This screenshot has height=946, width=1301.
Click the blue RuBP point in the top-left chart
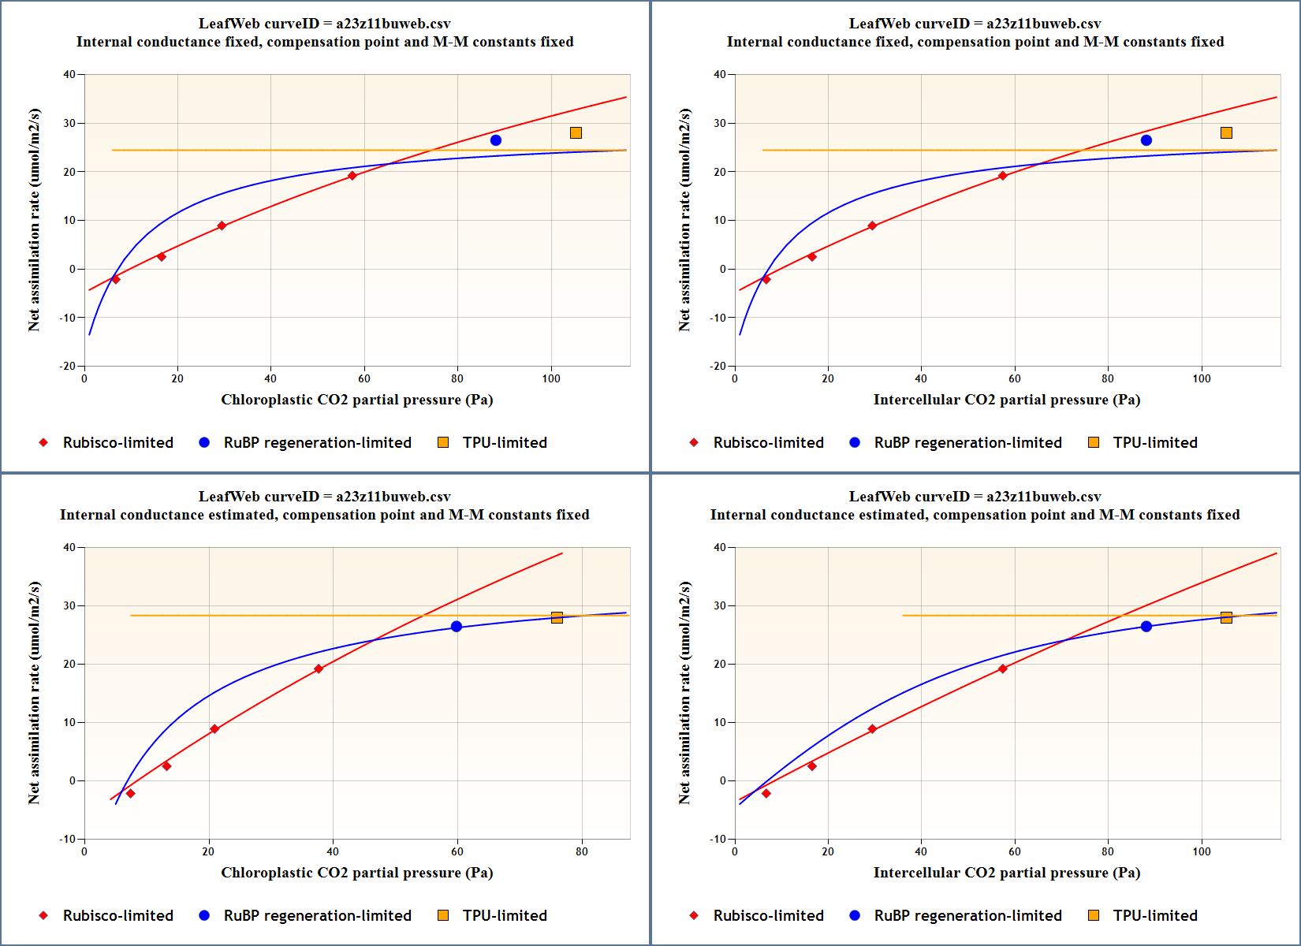tap(495, 140)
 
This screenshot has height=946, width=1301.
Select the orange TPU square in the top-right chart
tap(1226, 133)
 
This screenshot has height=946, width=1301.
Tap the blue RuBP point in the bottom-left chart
tap(457, 627)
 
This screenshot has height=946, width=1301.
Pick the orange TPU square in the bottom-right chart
tap(1226, 617)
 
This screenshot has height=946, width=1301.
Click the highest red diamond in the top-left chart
tap(352, 176)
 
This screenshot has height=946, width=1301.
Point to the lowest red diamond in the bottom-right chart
tap(766, 793)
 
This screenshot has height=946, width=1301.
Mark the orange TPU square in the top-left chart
tap(576, 133)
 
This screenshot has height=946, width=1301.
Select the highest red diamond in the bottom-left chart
tap(319, 669)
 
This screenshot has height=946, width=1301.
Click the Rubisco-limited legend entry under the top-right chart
tap(768, 442)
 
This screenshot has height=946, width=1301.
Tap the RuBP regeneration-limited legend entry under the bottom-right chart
tap(967, 915)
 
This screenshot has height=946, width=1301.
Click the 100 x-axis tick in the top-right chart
tap(1201, 378)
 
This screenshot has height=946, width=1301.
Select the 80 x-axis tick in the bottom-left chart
tap(581, 851)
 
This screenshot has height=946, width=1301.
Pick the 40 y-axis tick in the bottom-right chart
tap(720, 547)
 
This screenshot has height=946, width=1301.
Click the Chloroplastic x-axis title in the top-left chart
tap(356, 400)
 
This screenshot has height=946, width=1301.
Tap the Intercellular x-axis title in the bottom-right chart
tap(1006, 873)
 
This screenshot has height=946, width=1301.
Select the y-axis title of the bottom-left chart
tap(34, 692)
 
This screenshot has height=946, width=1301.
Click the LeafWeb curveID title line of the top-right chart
tap(975, 24)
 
